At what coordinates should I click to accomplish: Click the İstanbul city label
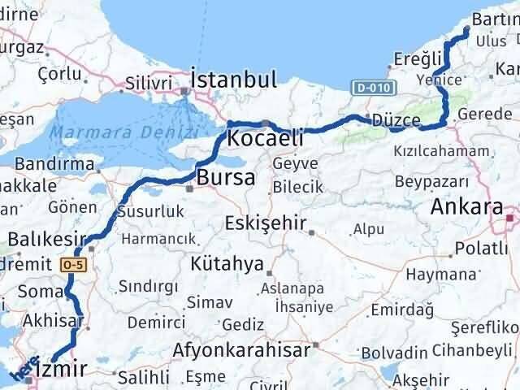233,80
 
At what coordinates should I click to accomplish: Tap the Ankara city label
466,207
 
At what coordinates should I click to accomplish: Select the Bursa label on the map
225,177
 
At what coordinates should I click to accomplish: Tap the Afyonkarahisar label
241,351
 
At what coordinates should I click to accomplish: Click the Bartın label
496,21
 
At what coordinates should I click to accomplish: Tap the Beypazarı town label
433,180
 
